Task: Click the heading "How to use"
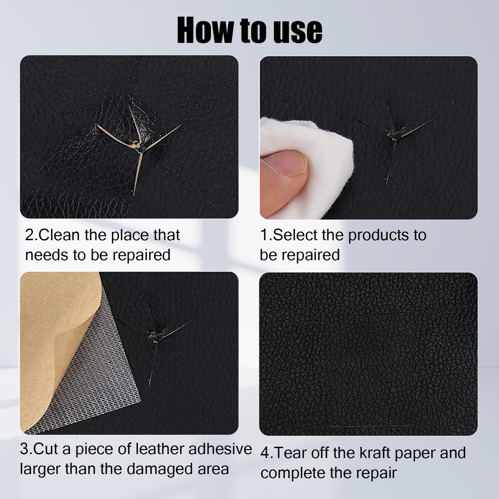[x=249, y=30]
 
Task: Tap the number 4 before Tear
[x=265, y=453]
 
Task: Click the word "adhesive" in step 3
[x=220, y=449]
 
